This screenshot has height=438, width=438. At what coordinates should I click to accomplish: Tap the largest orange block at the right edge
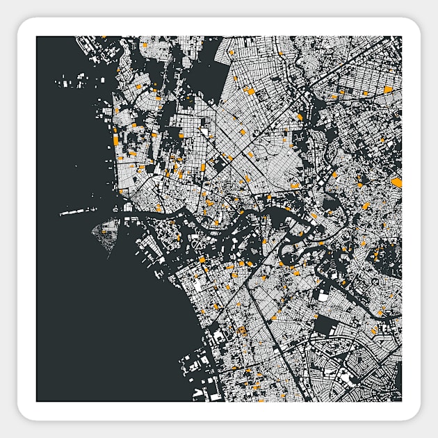396,182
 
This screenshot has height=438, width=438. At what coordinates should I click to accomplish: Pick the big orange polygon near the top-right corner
388,89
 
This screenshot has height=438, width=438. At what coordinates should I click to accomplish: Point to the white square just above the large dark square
323,296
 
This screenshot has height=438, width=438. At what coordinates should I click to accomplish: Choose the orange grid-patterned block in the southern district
242,331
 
